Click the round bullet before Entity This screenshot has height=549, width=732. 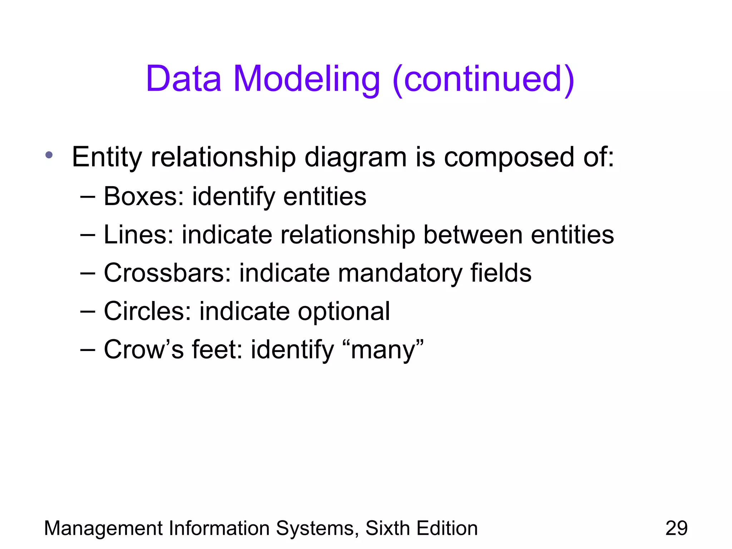point(49,155)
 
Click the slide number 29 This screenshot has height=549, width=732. point(676,528)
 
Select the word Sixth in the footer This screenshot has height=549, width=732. point(387,528)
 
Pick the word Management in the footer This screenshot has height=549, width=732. point(103,529)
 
